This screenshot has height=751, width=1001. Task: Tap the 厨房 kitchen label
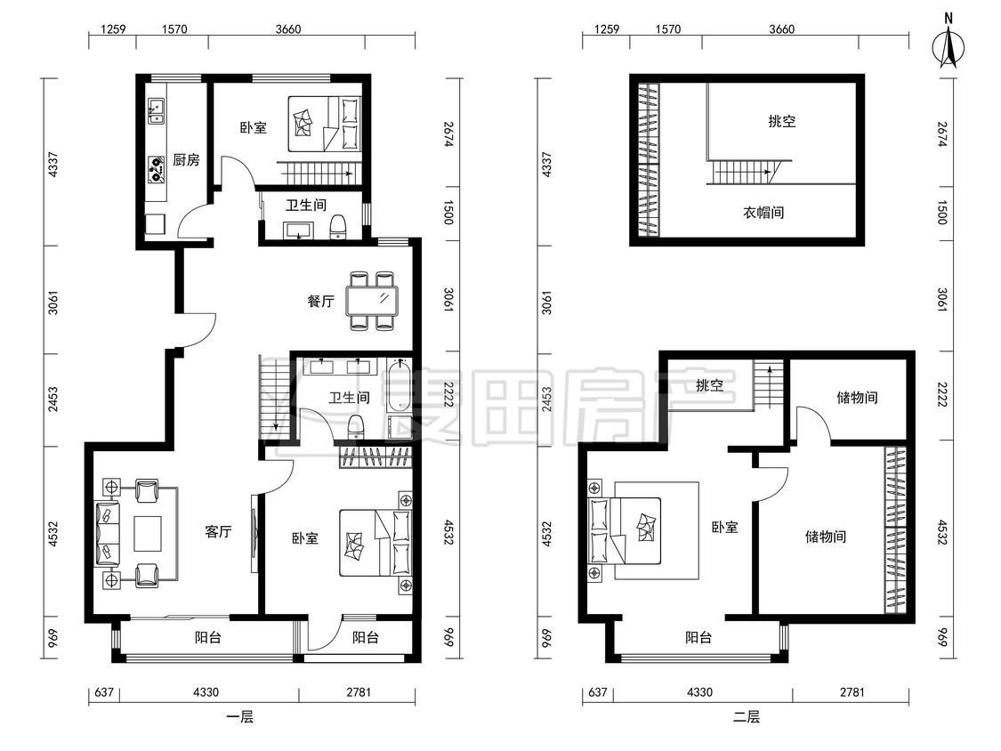pos(186,159)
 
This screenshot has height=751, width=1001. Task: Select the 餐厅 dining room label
pos(320,301)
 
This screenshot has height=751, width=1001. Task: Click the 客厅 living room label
pos(218,531)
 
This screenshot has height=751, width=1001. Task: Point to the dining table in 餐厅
pos(372,301)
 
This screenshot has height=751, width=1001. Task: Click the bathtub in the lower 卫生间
pos(399,384)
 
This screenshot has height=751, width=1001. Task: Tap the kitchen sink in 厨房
pos(157,110)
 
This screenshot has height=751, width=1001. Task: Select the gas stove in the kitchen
pos(157,169)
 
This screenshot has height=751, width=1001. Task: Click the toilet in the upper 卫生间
pos(338,227)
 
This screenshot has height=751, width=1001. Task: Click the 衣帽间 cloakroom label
pos(763,212)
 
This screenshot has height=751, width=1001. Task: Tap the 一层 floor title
pos(240,716)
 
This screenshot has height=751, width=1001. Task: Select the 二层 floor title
pos(746,716)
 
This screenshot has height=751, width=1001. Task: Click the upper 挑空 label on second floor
pos(782,121)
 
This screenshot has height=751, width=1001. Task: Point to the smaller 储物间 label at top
pos(857,397)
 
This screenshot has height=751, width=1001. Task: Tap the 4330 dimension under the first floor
pos(206,691)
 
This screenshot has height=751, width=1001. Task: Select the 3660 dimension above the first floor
pos(288,28)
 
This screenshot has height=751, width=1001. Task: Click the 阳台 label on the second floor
pos(698,637)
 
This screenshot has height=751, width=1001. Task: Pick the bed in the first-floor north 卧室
pos(325,124)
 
